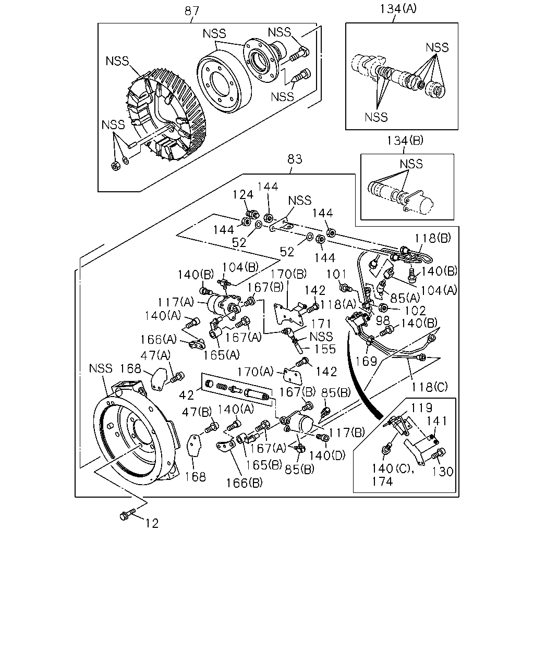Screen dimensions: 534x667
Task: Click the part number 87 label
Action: [x=192, y=11]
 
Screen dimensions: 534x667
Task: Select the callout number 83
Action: [x=295, y=159]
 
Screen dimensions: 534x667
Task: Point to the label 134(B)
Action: [x=405, y=141]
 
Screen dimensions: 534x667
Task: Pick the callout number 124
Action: [x=243, y=195]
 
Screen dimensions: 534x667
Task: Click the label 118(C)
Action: [x=429, y=387]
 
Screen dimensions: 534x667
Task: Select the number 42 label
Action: [x=187, y=395]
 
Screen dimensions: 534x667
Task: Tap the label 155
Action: [x=325, y=349]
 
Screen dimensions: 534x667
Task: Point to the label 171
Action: [x=321, y=324]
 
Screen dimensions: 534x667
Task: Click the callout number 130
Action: [x=443, y=472]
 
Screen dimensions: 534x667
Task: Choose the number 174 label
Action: [x=382, y=481]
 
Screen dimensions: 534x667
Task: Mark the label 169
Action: [x=366, y=362]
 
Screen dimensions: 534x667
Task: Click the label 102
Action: [x=416, y=311]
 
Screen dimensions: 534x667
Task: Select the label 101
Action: [x=336, y=274]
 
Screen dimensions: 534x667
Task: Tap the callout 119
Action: [x=421, y=408]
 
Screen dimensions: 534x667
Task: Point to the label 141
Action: [x=437, y=421]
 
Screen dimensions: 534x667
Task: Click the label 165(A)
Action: [x=221, y=355]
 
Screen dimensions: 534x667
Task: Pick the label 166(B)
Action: [x=244, y=483]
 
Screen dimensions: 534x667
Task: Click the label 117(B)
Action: [x=347, y=433]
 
